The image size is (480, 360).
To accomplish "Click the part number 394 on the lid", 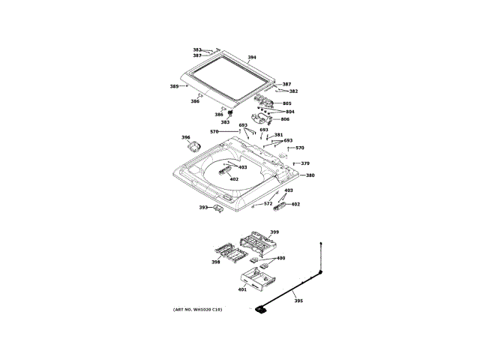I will coord(252,58).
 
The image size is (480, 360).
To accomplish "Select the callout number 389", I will coord(174,86).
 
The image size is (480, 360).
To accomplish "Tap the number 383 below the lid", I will coord(225,122).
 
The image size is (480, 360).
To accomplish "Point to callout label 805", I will coord(287,103).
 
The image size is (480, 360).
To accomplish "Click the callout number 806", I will coord(285,119).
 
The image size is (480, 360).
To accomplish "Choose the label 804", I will coord(289,112).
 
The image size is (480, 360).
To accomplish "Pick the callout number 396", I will coord(186,137).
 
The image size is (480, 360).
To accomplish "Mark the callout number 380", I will coord(310,175).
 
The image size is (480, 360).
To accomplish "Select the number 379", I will coord(305,163).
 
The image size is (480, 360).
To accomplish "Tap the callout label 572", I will coord(268,203).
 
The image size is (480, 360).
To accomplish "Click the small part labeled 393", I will coord(217,208).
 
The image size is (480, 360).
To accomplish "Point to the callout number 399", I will coord(274,232).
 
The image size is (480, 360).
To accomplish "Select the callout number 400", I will coord(280,258).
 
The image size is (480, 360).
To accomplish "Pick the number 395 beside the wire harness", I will coord(298,301).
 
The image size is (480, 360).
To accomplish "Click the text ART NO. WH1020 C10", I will coord(197,310).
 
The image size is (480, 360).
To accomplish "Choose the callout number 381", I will coord(278,135).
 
